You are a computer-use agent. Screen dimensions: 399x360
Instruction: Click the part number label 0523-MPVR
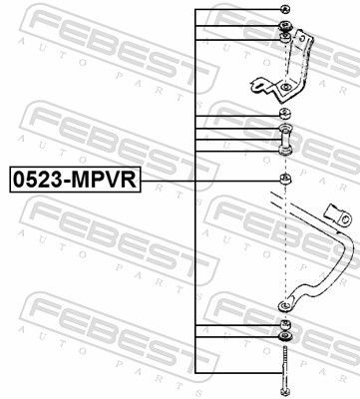click(75, 180)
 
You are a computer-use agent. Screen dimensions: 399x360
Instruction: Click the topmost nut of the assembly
click(285, 10)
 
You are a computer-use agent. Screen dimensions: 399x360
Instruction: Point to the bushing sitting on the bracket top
click(285, 39)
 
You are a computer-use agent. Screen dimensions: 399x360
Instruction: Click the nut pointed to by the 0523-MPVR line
click(285, 180)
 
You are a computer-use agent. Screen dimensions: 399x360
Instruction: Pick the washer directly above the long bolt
click(285, 339)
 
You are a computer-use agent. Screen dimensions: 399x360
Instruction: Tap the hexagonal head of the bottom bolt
click(285, 392)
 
